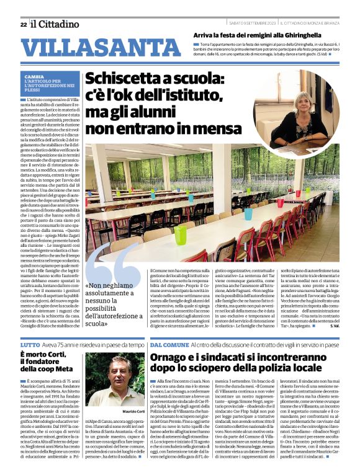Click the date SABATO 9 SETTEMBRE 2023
pyautogui.click(x=246, y=24)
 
